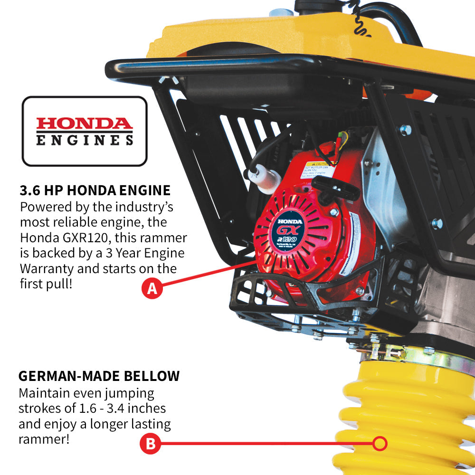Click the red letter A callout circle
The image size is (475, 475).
tap(152, 288)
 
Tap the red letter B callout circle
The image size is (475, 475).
tap(150, 444)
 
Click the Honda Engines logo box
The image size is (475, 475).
tap(85, 131)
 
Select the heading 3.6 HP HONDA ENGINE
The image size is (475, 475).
tap(95, 190)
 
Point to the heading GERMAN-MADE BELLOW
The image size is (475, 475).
tap(99, 376)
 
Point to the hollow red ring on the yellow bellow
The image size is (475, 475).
tap(380, 444)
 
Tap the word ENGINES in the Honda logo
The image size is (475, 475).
tap(85, 140)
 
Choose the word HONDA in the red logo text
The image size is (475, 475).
tap(85, 124)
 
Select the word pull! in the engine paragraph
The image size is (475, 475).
tap(61, 284)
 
